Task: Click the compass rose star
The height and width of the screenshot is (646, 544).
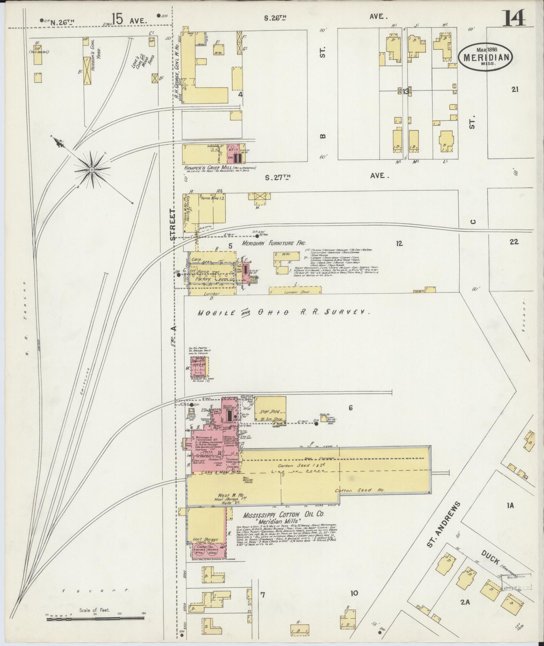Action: point(91,170)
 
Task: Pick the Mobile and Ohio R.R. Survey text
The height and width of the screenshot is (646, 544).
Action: point(284,312)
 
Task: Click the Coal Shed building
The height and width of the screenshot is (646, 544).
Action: point(270,411)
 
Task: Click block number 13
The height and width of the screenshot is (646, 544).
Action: point(405,92)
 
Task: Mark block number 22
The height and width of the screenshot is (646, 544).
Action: point(514,242)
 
